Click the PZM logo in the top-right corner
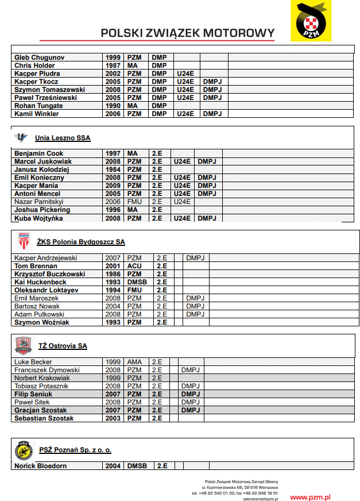tap(311, 21)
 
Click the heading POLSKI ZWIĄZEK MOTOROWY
tap(187, 33)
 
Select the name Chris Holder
tap(34, 65)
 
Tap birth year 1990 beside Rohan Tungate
tap(113, 106)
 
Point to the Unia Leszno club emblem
tap(21, 137)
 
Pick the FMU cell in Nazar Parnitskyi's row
tap(134, 202)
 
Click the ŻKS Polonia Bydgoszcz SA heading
tap(80, 242)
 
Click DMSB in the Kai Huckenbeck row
tap(137, 282)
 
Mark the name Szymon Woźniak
tap(42, 322)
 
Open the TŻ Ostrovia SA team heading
tap(63, 346)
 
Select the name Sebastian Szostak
tap(44, 418)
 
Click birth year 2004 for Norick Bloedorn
tap(113, 466)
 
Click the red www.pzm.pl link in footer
tap(310, 496)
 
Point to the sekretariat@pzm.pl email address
tap(260, 499)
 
